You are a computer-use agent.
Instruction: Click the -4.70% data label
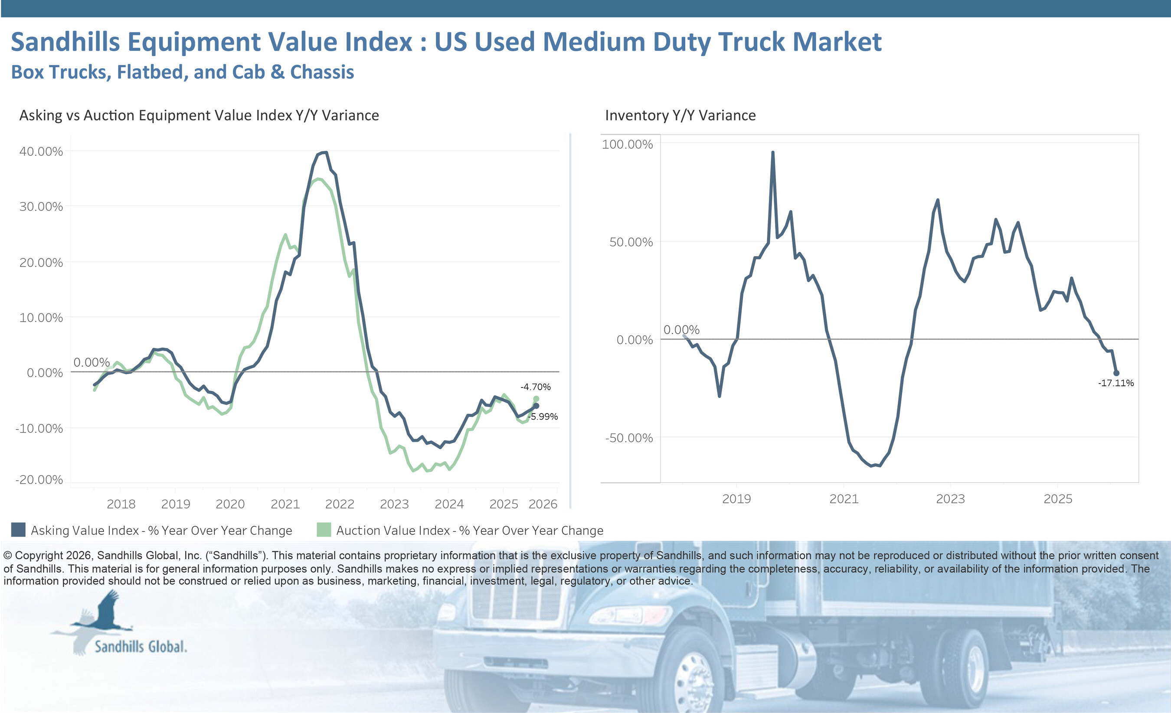(x=535, y=387)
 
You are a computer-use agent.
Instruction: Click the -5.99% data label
(x=543, y=417)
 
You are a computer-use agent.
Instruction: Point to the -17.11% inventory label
(x=1115, y=383)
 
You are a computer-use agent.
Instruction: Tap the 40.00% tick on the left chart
(x=41, y=152)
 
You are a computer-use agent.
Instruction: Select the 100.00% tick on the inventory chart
(x=627, y=144)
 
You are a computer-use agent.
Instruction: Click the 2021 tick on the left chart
(x=285, y=504)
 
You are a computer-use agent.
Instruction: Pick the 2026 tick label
(x=543, y=504)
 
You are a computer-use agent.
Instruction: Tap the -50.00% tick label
(x=628, y=438)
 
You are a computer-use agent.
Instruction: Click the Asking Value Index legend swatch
(x=18, y=530)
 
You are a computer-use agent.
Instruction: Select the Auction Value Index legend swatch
(x=324, y=530)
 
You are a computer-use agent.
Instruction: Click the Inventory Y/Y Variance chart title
(x=680, y=115)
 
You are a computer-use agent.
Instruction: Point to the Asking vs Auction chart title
(x=199, y=115)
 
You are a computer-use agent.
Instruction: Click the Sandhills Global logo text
(x=141, y=647)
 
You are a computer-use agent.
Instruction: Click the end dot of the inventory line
(x=1116, y=373)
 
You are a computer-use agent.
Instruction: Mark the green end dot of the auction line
(x=536, y=399)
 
